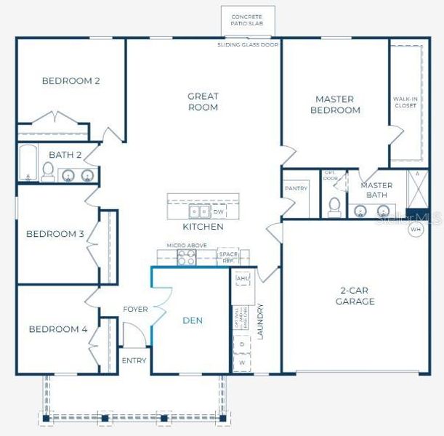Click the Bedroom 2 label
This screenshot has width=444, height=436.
pyautogui.click(x=70, y=81)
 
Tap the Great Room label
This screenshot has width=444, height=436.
pyautogui.click(x=203, y=102)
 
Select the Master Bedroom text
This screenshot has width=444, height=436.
pyautogui.click(x=334, y=105)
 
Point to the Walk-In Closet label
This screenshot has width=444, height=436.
pyautogui.click(x=405, y=102)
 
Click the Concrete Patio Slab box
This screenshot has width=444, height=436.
pyautogui.click(x=247, y=20)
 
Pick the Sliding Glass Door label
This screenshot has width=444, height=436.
pyautogui.click(x=247, y=45)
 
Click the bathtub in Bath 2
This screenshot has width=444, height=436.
pyautogui.click(x=28, y=163)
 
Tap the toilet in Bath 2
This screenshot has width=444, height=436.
pyautogui.click(x=48, y=171)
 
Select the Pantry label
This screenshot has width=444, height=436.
pyautogui.click(x=296, y=189)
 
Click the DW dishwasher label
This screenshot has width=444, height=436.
pyautogui.click(x=218, y=212)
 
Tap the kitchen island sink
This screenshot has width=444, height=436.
pyautogui.click(x=197, y=212)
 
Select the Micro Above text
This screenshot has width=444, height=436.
pyautogui.click(x=187, y=246)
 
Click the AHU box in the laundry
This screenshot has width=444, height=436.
pyautogui.click(x=242, y=278)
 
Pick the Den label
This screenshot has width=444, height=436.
pyautogui.click(x=193, y=320)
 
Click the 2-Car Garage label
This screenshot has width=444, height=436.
pyautogui.click(x=355, y=295)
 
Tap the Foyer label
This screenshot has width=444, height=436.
pyautogui.click(x=135, y=310)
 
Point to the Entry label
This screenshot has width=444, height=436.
pyautogui.click(x=134, y=360)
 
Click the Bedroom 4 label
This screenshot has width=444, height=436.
pyautogui.click(x=58, y=329)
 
